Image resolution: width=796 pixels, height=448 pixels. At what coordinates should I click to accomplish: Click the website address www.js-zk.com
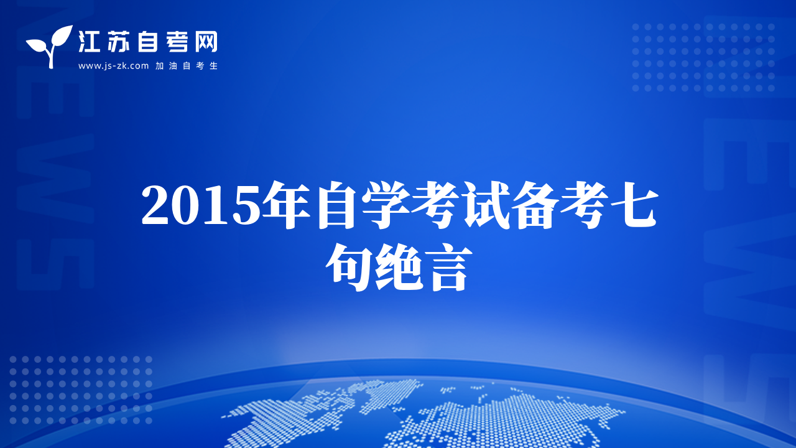(x=113, y=66)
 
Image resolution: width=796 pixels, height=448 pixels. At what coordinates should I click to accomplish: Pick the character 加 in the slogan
(x=159, y=66)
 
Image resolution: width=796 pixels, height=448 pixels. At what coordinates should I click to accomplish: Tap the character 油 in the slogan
(x=173, y=66)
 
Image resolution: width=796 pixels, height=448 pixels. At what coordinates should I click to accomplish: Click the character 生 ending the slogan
(x=213, y=66)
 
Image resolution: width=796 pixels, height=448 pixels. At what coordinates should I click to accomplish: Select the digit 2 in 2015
(x=155, y=205)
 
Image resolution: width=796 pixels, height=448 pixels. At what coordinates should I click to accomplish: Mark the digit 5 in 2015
(x=247, y=206)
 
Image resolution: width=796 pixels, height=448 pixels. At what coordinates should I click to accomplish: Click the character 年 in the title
(x=287, y=205)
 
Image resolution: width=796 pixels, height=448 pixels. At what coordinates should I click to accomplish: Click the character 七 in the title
(x=634, y=205)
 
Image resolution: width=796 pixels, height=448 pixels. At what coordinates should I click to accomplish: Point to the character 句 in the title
(x=349, y=267)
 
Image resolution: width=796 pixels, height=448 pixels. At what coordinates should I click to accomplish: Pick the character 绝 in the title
(x=399, y=267)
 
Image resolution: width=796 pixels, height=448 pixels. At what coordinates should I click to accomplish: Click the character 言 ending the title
(x=448, y=268)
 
